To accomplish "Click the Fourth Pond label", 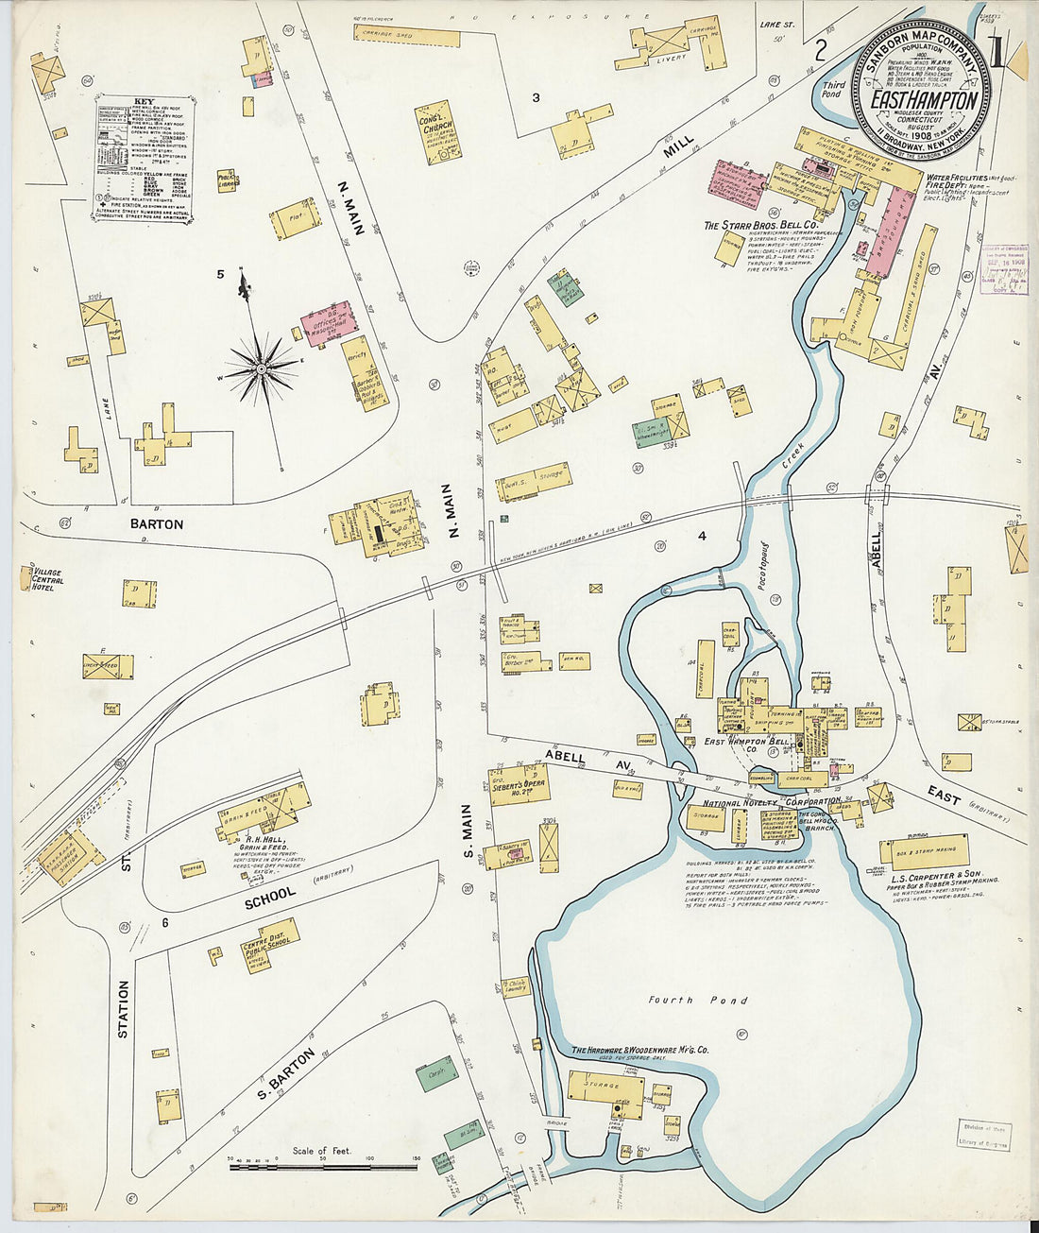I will pyautogui.click(x=697, y=1000).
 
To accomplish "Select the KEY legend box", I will pyautogui.click(x=144, y=157).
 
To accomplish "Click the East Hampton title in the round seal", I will pyautogui.click(x=923, y=100).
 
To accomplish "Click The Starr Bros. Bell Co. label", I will pyautogui.click(x=751, y=226).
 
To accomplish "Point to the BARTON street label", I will pyautogui.click(x=156, y=524).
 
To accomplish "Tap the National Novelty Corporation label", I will pyautogui.click(x=758, y=802).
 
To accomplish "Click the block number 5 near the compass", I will pyautogui.click(x=219, y=274).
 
